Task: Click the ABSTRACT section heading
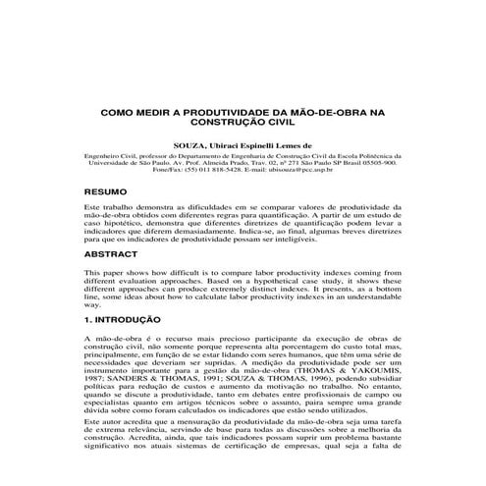coord(111,254)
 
